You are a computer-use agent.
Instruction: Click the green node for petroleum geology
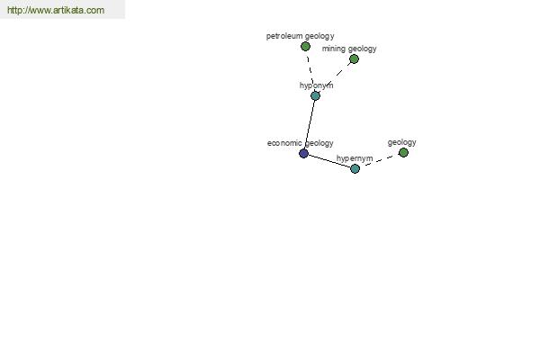click(x=305, y=46)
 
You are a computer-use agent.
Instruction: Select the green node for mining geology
click(x=354, y=58)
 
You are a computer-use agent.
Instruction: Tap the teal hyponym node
click(x=316, y=95)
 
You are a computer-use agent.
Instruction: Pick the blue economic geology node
click(x=304, y=153)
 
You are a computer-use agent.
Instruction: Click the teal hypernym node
click(x=355, y=169)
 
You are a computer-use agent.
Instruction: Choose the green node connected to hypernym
click(x=403, y=152)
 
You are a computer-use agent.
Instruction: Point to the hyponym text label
click(x=317, y=85)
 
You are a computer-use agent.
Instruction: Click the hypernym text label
click(x=355, y=158)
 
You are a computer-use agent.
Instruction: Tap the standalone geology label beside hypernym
click(x=402, y=142)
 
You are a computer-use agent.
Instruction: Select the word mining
click(x=334, y=49)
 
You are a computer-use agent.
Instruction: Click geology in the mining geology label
click(x=363, y=49)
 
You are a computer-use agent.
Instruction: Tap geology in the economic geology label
click(x=319, y=143)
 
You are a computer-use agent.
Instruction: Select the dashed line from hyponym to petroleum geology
click(x=310, y=71)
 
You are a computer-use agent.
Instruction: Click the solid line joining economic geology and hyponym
click(x=310, y=124)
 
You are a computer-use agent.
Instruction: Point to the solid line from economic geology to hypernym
click(x=329, y=161)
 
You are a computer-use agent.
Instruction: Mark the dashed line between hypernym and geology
click(x=379, y=160)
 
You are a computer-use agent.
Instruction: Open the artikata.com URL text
click(x=56, y=10)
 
